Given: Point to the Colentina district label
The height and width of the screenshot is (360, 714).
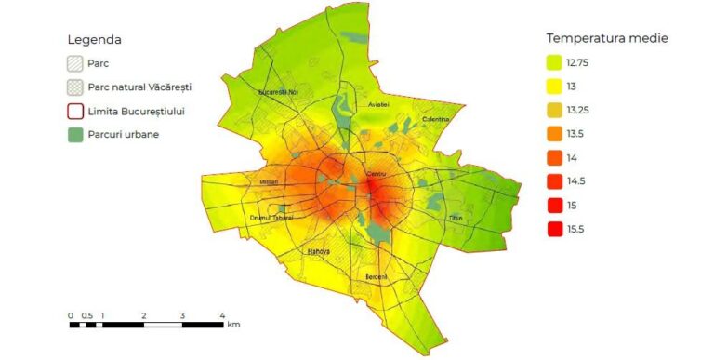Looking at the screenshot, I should click(x=435, y=119).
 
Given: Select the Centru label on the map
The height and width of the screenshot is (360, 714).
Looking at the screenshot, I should click(x=376, y=176).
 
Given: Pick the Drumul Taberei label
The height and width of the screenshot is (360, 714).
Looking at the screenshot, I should click(x=271, y=217).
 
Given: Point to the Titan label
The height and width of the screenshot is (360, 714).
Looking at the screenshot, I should click(x=456, y=218).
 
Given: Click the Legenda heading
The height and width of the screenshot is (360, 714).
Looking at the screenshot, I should click(x=95, y=40).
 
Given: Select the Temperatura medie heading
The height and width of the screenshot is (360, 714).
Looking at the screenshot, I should click(x=607, y=38).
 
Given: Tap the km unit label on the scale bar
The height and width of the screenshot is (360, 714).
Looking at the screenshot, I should click(x=233, y=325).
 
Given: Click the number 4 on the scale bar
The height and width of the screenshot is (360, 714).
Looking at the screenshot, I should click(x=222, y=315).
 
